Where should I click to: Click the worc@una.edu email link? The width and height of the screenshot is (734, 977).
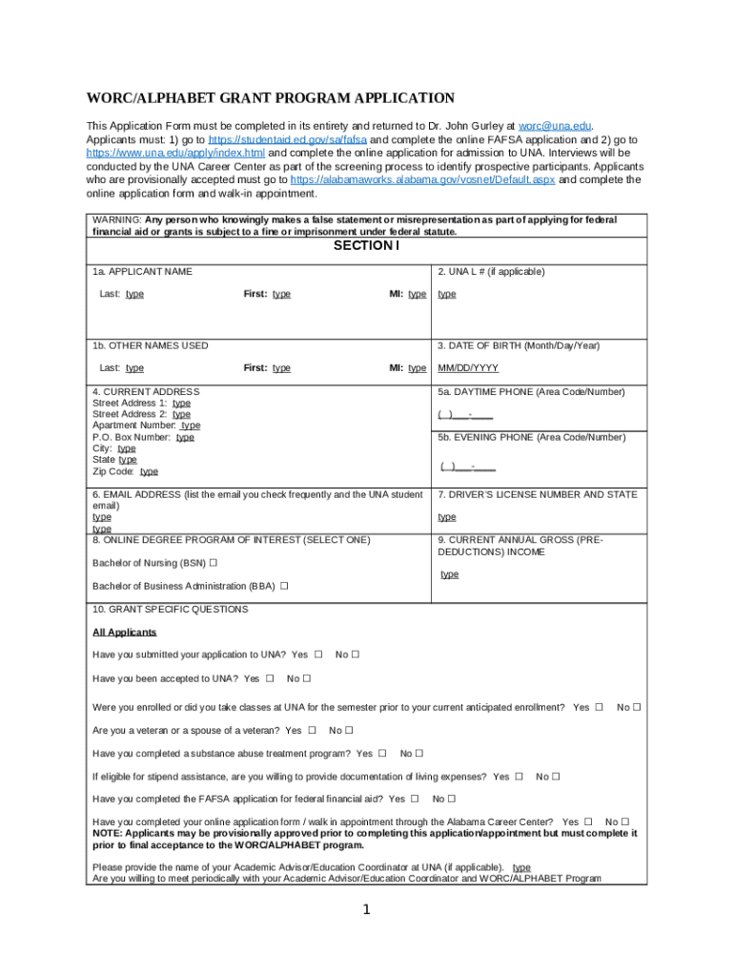[x=555, y=126]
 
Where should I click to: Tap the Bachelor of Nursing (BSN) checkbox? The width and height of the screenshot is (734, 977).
[x=214, y=563]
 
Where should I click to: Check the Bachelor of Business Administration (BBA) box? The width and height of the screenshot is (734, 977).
[x=284, y=586]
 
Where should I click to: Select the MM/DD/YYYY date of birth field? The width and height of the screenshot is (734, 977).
[x=467, y=368]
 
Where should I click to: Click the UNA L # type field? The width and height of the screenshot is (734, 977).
[x=447, y=294]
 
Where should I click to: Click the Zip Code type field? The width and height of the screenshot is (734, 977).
[x=149, y=471]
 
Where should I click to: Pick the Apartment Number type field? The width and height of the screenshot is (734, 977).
[x=191, y=426]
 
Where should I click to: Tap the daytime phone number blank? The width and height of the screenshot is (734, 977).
[x=465, y=414]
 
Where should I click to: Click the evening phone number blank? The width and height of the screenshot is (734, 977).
[x=467, y=467]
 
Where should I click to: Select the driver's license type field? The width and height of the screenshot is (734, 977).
[x=447, y=517]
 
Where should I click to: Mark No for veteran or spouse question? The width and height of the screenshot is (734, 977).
[x=349, y=731]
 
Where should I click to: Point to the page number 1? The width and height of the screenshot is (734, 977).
[x=366, y=910]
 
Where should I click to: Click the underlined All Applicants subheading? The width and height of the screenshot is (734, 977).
[x=124, y=633]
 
